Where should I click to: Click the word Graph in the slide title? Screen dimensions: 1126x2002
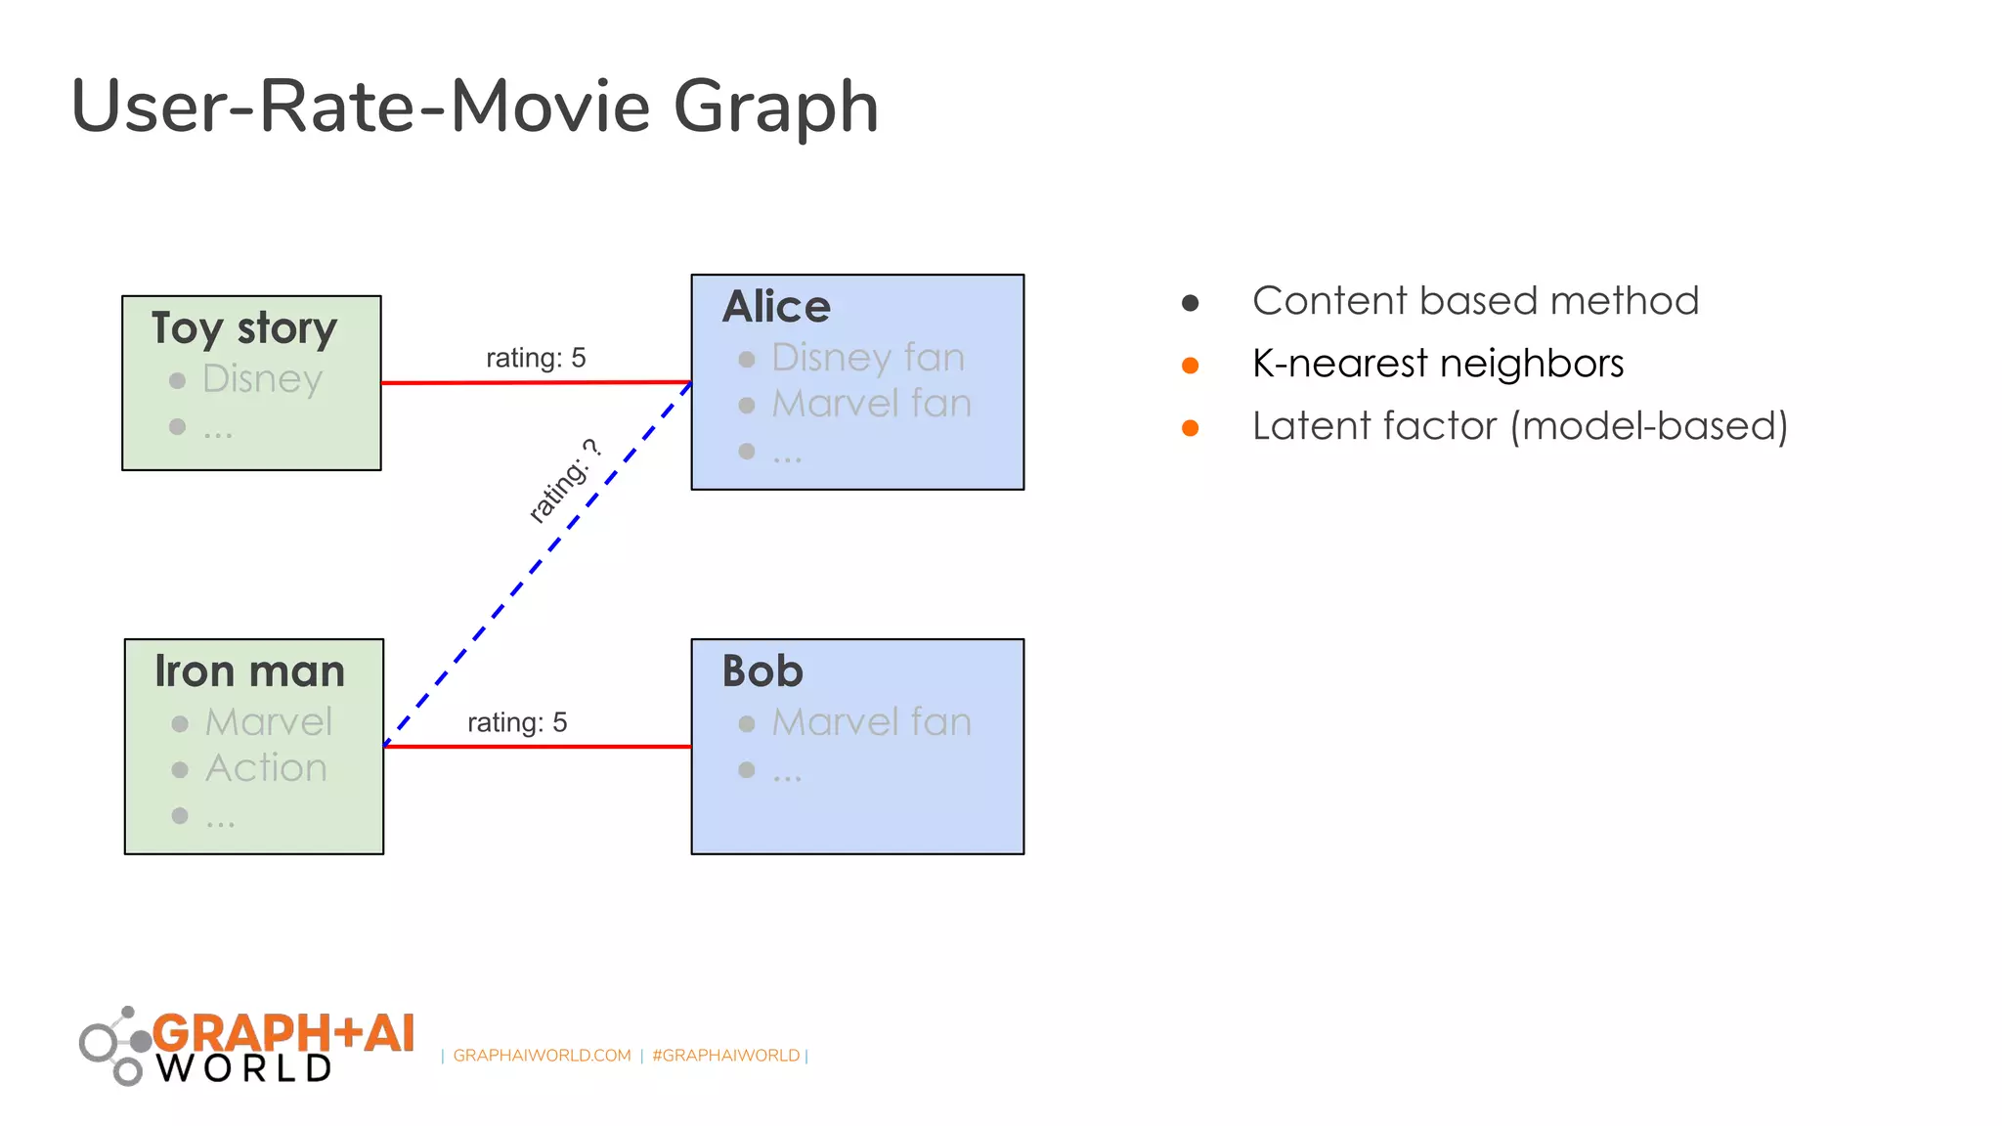(x=775, y=108)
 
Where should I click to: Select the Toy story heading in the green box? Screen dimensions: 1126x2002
(x=244, y=327)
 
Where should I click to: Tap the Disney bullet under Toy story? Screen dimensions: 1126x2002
(x=262, y=378)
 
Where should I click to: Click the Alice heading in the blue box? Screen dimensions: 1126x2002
(x=776, y=307)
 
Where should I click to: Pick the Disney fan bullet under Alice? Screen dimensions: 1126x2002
(x=867, y=358)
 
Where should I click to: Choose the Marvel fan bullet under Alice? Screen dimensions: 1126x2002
(x=871, y=404)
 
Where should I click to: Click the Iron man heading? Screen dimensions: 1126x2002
(x=250, y=671)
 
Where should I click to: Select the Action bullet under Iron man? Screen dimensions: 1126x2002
(x=266, y=768)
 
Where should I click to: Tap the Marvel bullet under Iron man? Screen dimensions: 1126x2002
(x=269, y=722)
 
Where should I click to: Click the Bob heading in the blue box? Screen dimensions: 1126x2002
(x=762, y=671)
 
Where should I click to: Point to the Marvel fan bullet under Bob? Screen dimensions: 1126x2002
(x=871, y=722)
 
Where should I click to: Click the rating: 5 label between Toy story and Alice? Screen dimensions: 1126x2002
(x=536, y=358)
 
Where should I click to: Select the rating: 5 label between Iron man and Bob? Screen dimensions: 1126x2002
(x=517, y=722)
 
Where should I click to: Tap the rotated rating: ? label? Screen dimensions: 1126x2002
(x=564, y=481)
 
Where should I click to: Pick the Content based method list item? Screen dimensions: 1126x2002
(x=1475, y=301)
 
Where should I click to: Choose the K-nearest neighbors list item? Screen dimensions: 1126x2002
(x=1437, y=364)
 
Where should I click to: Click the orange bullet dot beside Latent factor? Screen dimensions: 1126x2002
(x=1190, y=428)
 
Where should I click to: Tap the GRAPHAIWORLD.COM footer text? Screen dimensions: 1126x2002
(x=542, y=1056)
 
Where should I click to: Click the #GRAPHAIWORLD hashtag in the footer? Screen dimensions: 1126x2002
(x=725, y=1056)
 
